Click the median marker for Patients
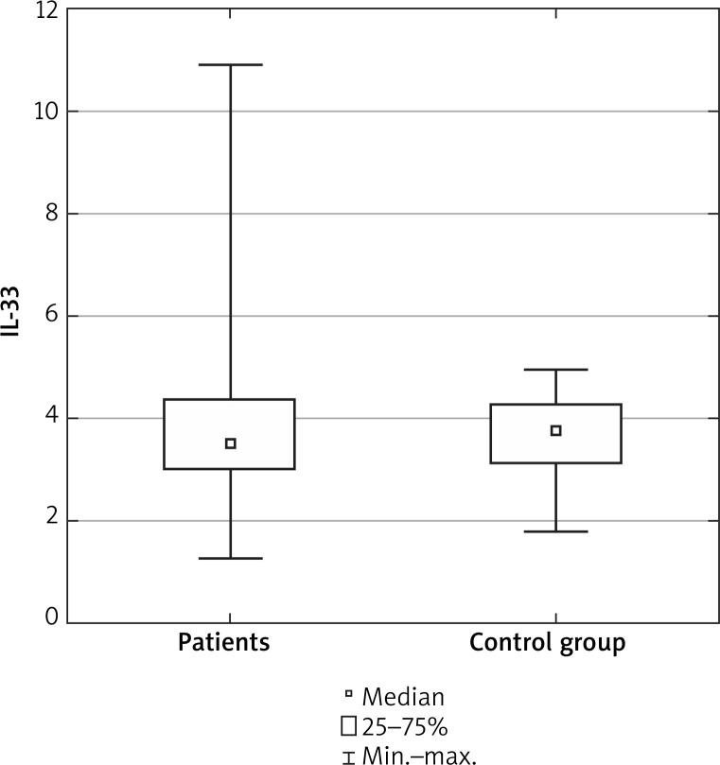(x=230, y=443)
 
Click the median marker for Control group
(x=555, y=430)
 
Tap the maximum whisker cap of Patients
(x=230, y=64)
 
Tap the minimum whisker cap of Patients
(x=230, y=558)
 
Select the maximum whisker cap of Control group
(x=555, y=370)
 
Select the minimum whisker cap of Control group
(x=555, y=531)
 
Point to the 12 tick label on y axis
(x=45, y=10)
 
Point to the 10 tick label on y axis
(x=45, y=112)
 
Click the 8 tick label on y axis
(x=51, y=214)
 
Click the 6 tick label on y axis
(x=51, y=316)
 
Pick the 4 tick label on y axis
(x=51, y=418)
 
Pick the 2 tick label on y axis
(x=51, y=520)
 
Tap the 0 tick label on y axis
(x=51, y=619)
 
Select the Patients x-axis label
(x=224, y=644)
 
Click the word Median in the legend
(x=402, y=698)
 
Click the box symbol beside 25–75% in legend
(x=349, y=726)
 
